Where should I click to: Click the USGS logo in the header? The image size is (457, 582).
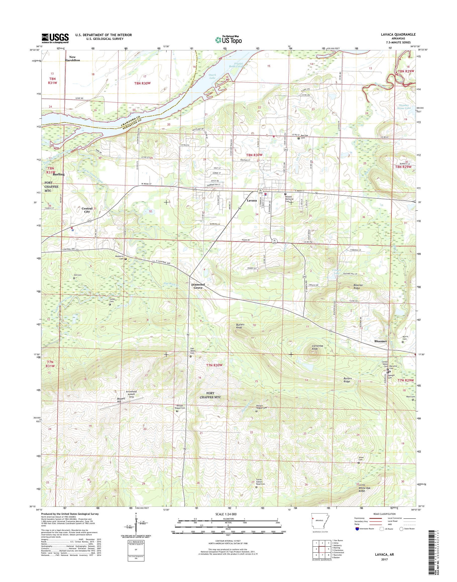(x=55, y=38)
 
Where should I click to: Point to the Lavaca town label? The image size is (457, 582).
(x=252, y=200)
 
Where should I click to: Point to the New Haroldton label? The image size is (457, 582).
(x=72, y=58)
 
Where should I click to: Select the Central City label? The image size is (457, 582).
(x=87, y=210)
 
